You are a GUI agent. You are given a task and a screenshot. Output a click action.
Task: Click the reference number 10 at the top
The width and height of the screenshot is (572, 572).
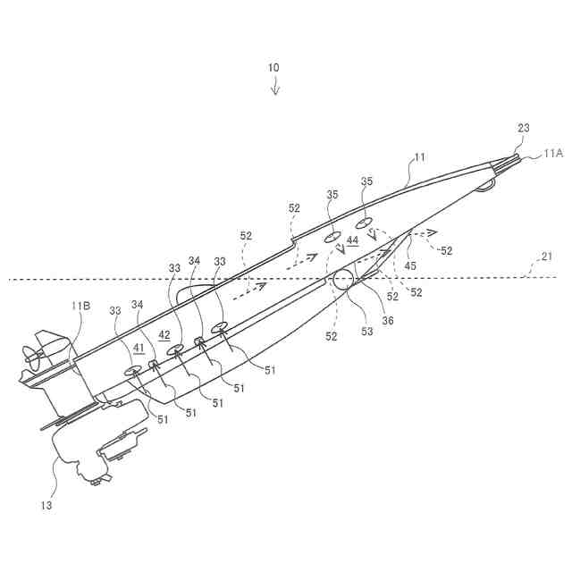point(273,67)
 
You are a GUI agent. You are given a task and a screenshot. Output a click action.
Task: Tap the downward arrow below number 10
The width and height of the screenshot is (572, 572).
point(275,87)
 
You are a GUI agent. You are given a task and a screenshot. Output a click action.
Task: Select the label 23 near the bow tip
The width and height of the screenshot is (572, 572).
point(523,128)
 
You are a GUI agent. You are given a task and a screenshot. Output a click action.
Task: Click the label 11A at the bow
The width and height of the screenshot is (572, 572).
point(553,154)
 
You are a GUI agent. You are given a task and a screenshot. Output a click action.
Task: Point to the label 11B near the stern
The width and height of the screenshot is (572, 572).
point(80,306)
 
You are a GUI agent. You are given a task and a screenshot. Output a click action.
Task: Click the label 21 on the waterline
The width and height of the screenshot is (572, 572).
point(547,257)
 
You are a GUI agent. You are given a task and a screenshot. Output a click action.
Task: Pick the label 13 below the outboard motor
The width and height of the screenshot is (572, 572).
point(46,505)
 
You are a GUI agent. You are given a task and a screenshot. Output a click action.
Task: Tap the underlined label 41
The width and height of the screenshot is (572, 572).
point(139,349)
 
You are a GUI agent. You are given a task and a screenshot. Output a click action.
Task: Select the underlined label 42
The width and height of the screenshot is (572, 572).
point(164,334)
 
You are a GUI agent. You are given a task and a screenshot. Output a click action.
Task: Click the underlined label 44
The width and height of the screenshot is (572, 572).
point(352,240)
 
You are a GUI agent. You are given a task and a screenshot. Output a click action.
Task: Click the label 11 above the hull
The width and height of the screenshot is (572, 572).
point(419,157)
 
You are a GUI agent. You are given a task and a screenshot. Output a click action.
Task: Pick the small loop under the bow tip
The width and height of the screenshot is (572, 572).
point(485,185)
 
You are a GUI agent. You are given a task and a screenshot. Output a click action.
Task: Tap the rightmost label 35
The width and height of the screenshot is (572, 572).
point(366,182)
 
